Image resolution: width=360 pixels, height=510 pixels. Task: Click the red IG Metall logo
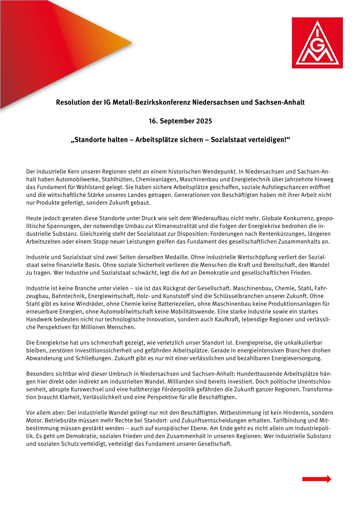click(317, 43)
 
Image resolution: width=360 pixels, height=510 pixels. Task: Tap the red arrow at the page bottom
click(316, 479)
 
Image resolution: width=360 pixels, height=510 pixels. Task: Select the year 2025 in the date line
click(204, 121)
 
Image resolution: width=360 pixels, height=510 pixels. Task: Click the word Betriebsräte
click(57, 420)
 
